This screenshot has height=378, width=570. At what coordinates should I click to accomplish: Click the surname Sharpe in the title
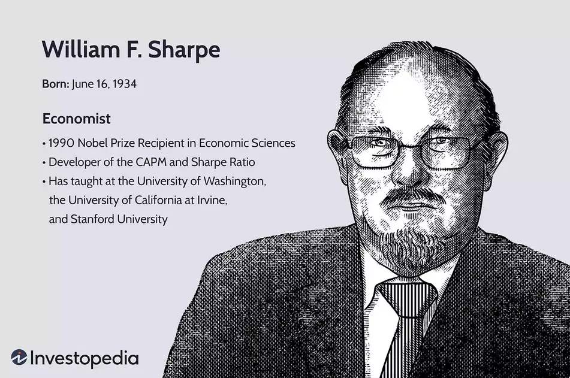(x=184, y=50)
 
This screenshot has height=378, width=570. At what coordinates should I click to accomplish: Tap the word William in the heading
(x=81, y=49)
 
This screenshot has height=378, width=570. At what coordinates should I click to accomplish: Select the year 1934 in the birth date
(x=124, y=84)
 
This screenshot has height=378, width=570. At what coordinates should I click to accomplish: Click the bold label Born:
(x=56, y=84)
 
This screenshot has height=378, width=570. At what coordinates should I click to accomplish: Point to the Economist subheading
(x=76, y=119)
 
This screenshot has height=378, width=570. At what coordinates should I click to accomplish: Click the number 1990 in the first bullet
(x=61, y=143)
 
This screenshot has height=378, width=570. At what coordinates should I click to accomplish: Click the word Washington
(x=234, y=182)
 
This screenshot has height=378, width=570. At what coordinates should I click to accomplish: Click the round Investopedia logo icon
(x=19, y=357)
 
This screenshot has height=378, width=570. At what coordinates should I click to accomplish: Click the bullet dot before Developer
(x=44, y=163)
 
